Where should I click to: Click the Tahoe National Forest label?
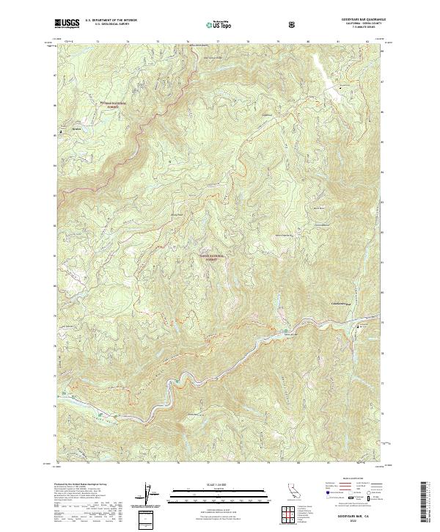point(210,258)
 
